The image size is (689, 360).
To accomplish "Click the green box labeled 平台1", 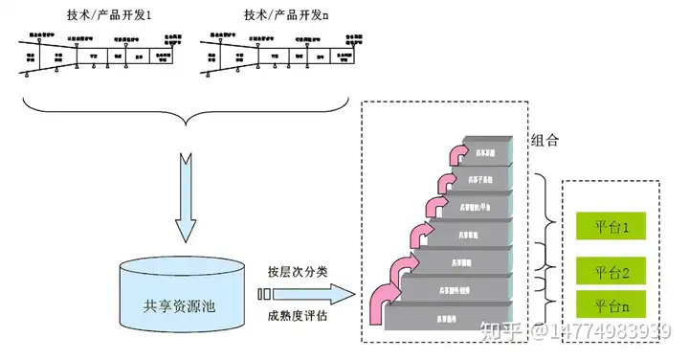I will [x=611, y=227].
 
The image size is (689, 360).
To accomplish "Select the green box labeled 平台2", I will [x=611, y=273].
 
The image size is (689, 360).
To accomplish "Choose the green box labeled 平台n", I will [x=611, y=307].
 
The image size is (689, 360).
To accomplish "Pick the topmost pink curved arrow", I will [x=456, y=155].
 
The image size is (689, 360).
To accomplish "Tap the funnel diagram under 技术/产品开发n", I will [x=285, y=56].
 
